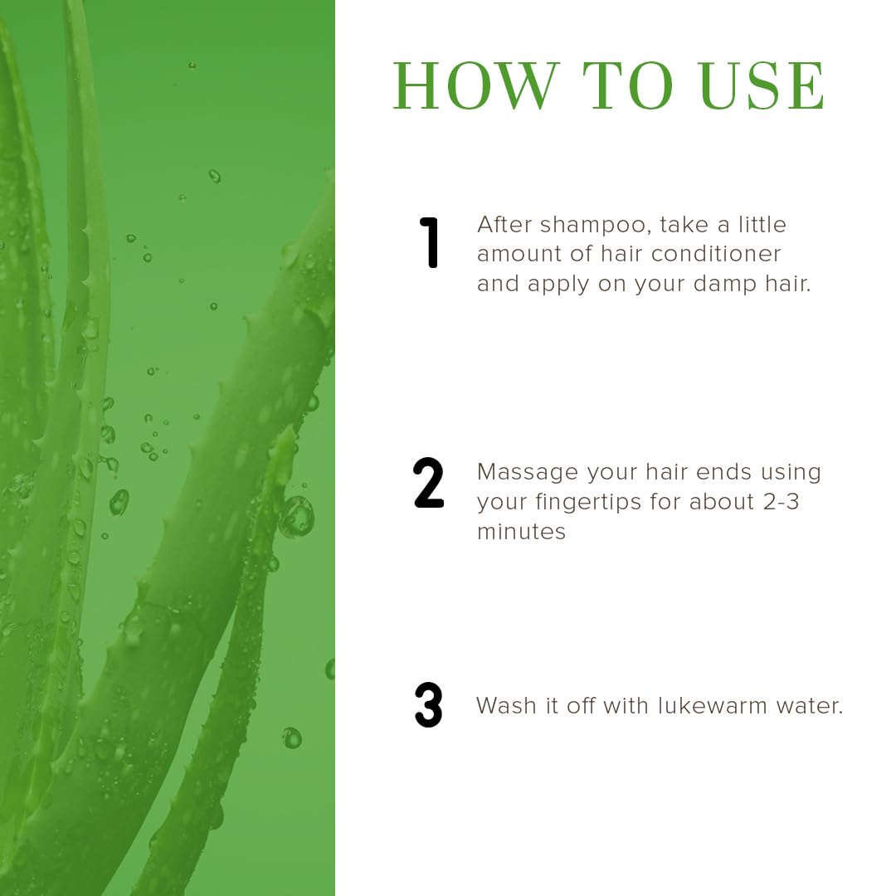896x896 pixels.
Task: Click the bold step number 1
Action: [429, 242]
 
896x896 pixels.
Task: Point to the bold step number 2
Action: [429, 483]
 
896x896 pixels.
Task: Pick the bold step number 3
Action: [429, 705]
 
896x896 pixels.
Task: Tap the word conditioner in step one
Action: [716, 254]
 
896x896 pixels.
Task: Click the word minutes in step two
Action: [521, 532]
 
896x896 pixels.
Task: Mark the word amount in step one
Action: [519, 255]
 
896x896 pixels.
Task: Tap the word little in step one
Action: [762, 225]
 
